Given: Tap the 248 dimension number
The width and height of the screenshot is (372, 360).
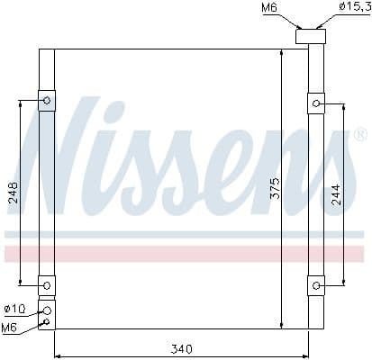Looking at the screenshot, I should (x=13, y=194).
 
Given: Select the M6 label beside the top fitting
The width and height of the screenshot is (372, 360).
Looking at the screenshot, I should (x=269, y=9).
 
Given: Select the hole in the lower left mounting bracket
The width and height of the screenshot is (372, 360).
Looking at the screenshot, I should (x=46, y=286).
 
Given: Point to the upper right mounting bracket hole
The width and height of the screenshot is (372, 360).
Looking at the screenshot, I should (x=316, y=103).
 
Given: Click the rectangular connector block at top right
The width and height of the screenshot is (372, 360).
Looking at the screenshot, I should (x=311, y=37).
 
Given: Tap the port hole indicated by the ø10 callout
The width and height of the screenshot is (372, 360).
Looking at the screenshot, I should (x=46, y=310).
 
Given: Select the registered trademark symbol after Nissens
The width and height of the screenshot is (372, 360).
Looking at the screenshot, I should (x=359, y=135).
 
